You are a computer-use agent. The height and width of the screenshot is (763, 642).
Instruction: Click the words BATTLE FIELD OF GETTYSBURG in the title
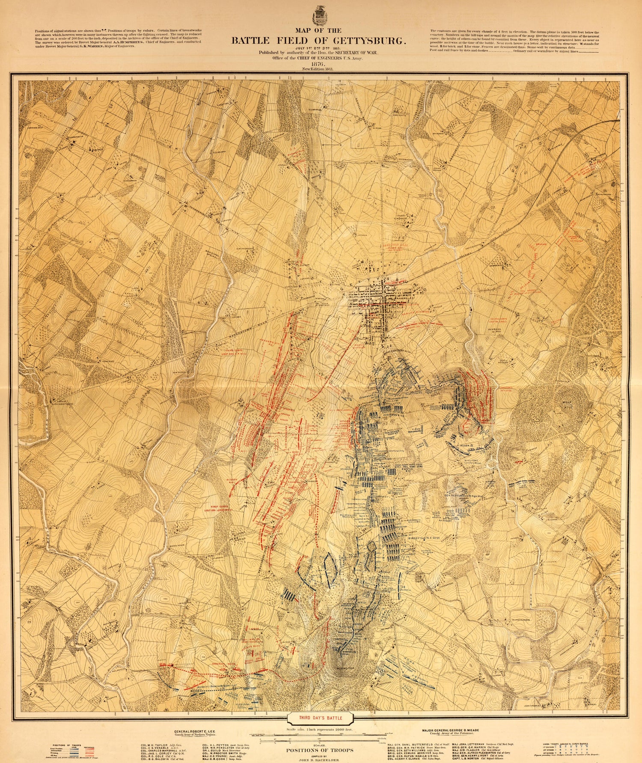point(318,42)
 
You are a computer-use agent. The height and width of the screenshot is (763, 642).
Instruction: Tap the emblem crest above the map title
point(318,16)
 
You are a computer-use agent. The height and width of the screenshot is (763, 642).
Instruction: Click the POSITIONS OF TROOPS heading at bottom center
point(319,750)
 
